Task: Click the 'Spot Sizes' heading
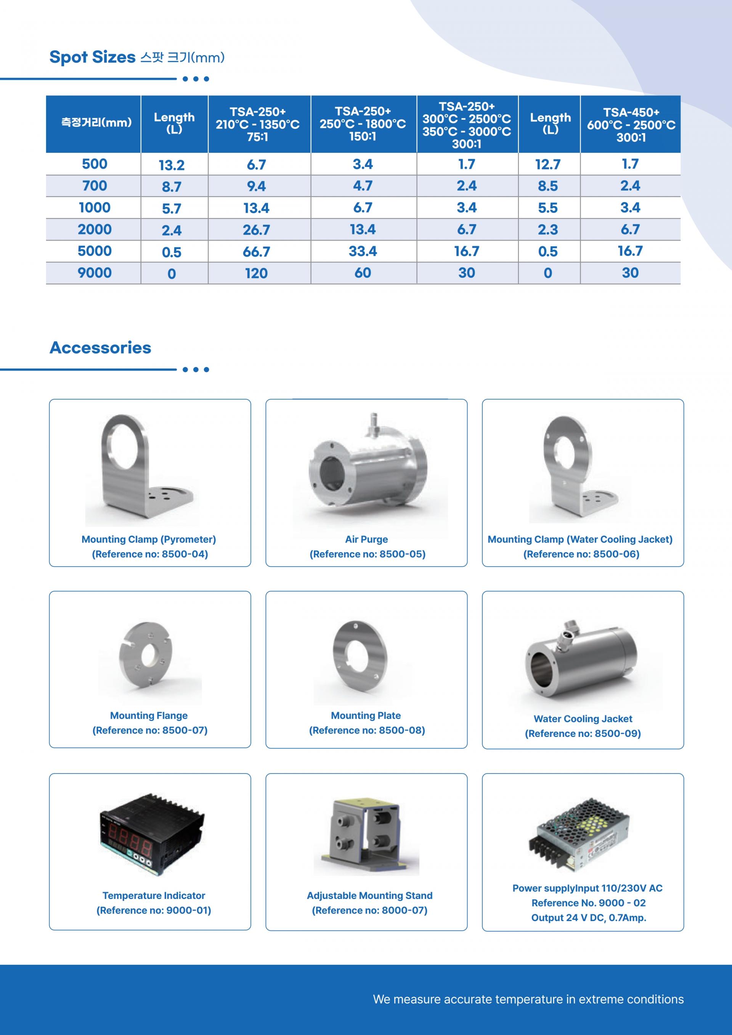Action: pos(92,57)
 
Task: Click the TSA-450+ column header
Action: pos(631,124)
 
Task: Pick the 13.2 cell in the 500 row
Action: pos(172,165)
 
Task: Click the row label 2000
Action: pos(95,229)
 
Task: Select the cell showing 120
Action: pos(256,273)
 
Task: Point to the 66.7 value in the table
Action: pos(256,252)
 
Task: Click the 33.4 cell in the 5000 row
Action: pos(363,251)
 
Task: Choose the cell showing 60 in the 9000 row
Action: pos(363,273)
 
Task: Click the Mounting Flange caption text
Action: pos(149,716)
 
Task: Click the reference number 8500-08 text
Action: pos(367,730)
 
